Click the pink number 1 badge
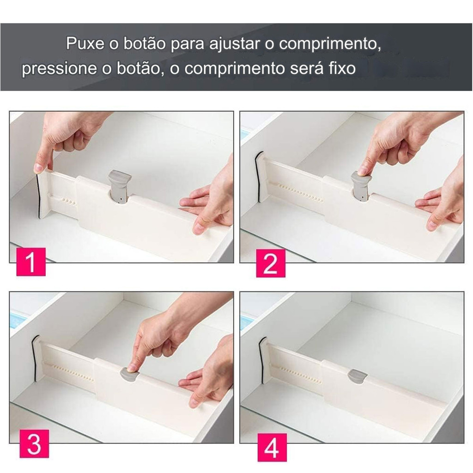(x=31, y=261)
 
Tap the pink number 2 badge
(x=271, y=263)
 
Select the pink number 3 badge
(x=34, y=444)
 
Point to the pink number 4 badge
(x=272, y=447)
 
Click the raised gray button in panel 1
(x=120, y=186)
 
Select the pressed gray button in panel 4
(x=357, y=376)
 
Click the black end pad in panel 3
(x=34, y=358)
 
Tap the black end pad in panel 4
(x=261, y=360)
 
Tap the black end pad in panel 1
(x=38, y=195)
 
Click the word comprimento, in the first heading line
(x=330, y=44)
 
